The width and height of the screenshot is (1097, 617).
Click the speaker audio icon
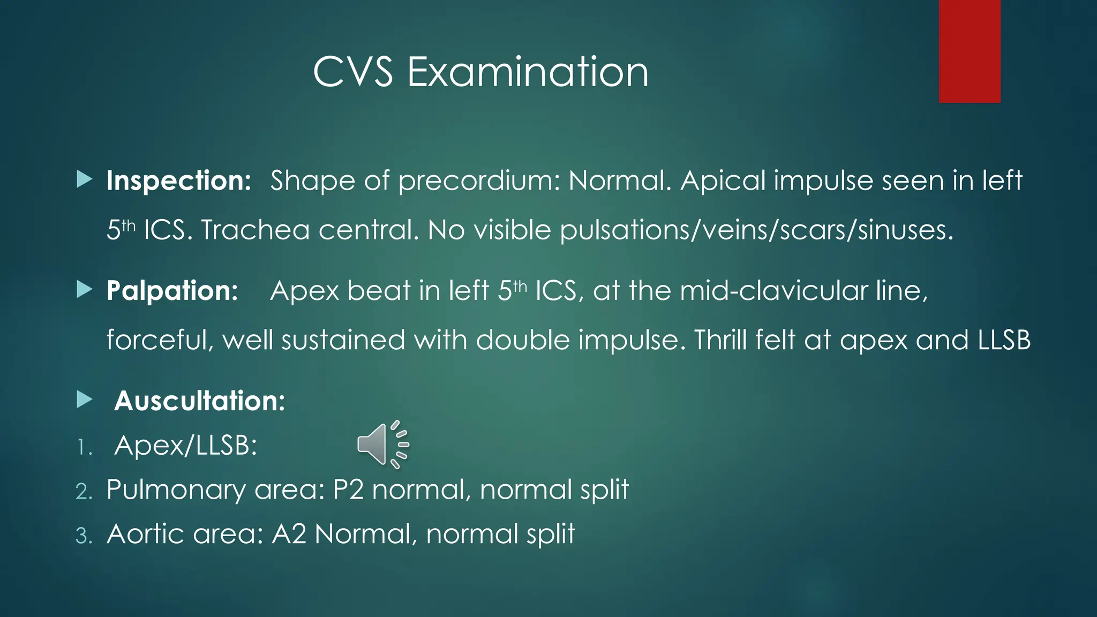point(382,445)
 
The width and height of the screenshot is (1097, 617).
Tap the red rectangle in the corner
point(970,51)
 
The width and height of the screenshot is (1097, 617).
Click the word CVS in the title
point(353,72)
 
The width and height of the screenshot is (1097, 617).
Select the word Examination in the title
point(528,72)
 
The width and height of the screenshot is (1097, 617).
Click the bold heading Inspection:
point(178,180)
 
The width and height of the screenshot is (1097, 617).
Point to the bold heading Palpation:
point(172,291)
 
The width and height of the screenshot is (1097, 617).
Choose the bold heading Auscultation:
point(200,401)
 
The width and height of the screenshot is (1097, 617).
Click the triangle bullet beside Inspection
point(84,179)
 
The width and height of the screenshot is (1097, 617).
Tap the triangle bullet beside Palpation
point(84,290)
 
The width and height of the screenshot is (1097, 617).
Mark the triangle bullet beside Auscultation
point(84,400)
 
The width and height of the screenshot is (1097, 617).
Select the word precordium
point(479,180)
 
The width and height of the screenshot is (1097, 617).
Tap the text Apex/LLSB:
point(186,445)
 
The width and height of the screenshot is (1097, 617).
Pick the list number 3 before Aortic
point(84,536)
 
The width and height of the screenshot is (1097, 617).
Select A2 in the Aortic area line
point(289,534)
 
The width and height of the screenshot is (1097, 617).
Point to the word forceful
point(159,340)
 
